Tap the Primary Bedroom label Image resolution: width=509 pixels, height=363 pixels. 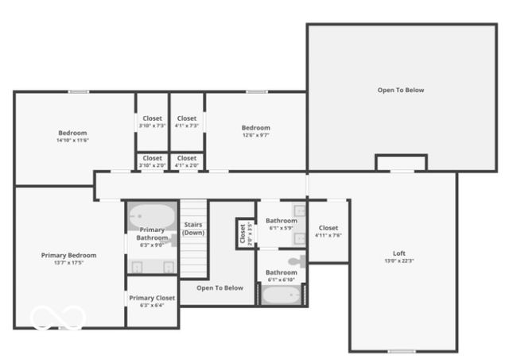click(68, 255)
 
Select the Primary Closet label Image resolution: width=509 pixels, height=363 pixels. click(151, 298)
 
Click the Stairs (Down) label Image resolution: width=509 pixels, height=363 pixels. click(193, 228)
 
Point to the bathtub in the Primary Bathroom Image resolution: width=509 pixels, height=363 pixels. click(153, 216)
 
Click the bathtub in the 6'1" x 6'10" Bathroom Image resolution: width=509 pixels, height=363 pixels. click(282, 295)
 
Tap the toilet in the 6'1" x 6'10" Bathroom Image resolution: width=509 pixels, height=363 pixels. click(296, 261)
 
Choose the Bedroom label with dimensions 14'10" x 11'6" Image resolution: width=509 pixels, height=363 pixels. click(72, 133)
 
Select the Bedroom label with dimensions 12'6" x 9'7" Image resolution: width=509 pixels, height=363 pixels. click(256, 128)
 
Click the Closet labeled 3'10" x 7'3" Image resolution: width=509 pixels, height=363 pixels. click(152, 118)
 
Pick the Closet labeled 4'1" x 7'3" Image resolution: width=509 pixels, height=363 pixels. click(187, 118)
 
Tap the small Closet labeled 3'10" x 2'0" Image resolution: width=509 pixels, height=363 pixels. click(152, 158)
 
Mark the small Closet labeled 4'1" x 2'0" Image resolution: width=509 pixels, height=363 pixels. click(187, 158)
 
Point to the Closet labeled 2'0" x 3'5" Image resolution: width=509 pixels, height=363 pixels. click(242, 234)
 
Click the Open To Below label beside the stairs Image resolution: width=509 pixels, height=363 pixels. click(220, 288)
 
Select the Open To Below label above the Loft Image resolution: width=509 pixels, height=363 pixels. click(401, 90)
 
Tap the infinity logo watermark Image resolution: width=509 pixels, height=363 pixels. click(57, 318)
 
